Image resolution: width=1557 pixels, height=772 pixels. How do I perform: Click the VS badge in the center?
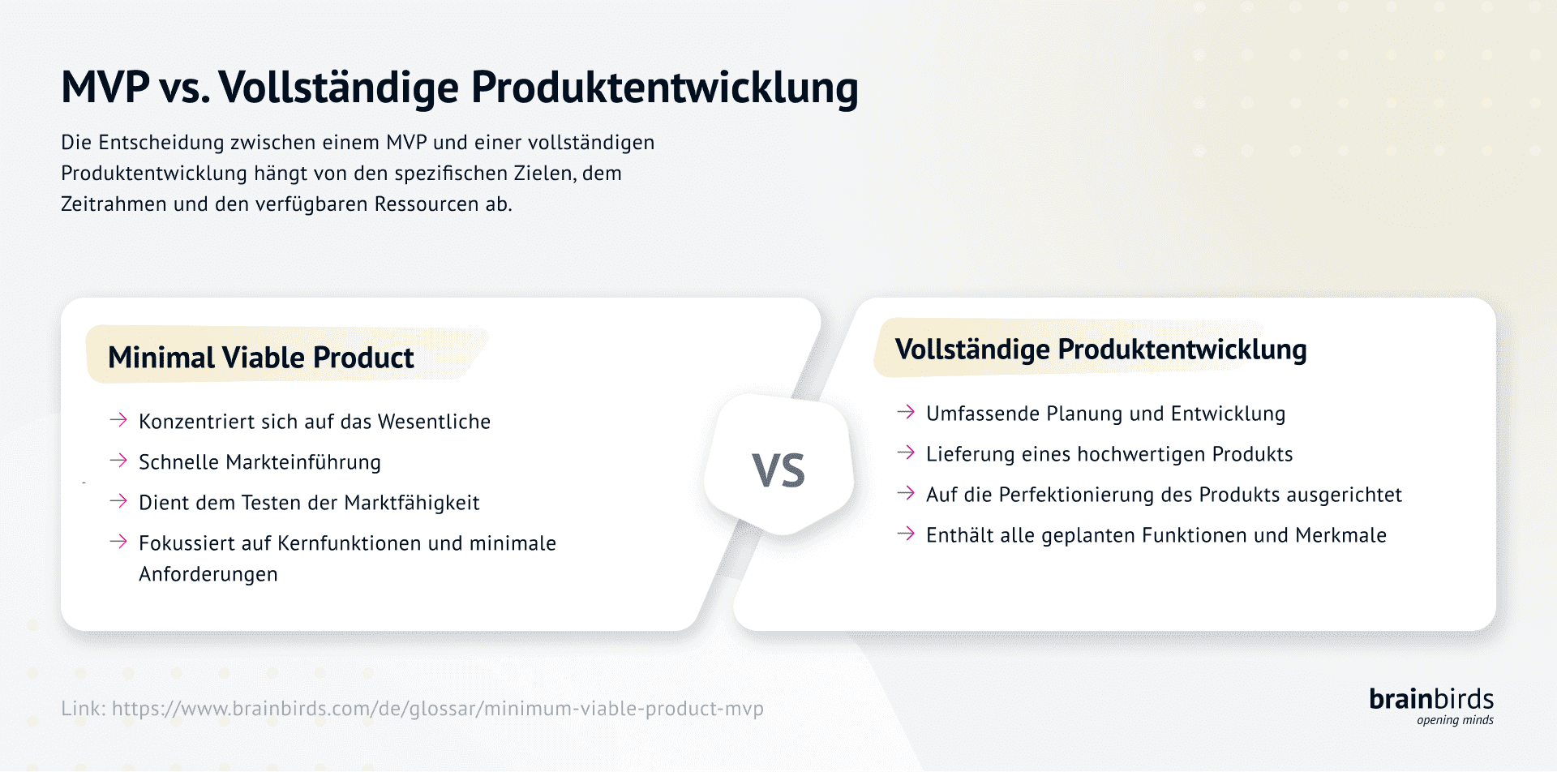[x=778, y=470]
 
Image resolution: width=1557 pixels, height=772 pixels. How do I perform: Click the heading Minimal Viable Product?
[x=260, y=358]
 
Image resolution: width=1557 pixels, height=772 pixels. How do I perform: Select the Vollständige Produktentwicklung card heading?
[x=1100, y=350]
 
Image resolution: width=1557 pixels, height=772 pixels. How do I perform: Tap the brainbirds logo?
[x=1430, y=699]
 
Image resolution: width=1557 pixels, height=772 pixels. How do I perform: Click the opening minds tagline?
[x=1455, y=720]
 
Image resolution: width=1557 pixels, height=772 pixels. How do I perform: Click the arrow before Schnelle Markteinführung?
[x=118, y=461]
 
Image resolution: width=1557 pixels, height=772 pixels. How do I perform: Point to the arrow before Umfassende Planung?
[x=906, y=412]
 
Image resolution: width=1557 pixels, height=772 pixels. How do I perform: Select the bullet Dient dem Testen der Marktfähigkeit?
[x=309, y=503]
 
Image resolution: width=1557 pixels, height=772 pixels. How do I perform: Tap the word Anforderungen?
[x=208, y=574]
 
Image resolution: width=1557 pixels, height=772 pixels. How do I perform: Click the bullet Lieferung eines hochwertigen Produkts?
[x=1109, y=454]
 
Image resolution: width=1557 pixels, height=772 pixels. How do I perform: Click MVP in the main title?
[x=105, y=87]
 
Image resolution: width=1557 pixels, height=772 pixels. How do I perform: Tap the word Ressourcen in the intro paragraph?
[x=426, y=204]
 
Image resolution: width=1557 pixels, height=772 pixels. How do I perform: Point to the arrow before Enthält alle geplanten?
[x=906, y=534]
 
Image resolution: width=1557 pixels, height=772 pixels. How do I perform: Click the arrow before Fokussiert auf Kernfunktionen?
[x=118, y=542]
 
